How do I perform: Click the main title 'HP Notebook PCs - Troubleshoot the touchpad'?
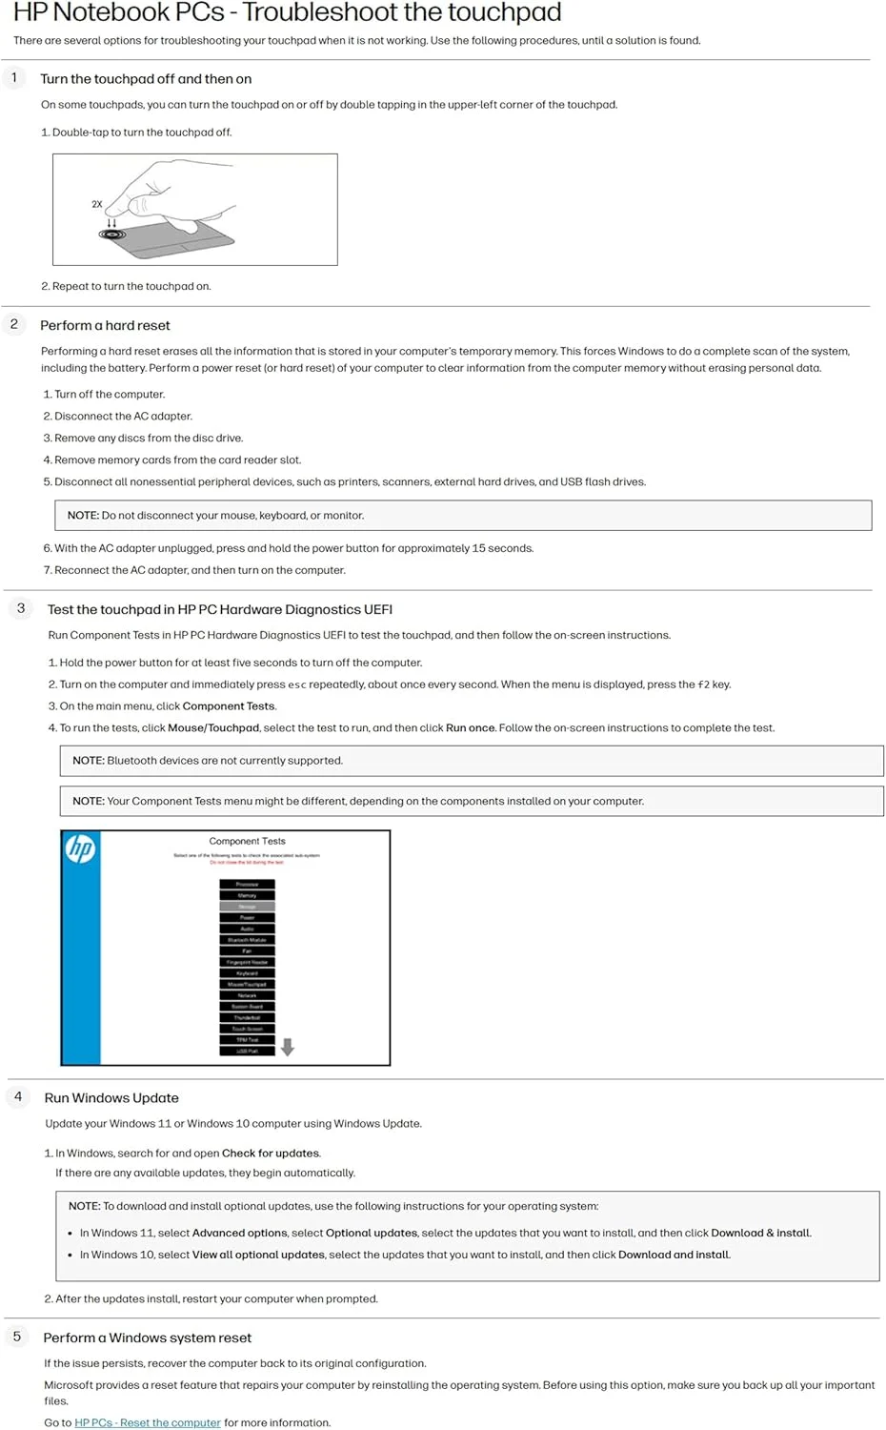coord(287,12)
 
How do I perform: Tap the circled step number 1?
coord(14,77)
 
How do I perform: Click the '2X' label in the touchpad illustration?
coord(96,204)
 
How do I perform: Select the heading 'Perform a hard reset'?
coord(105,325)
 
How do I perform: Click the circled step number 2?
coord(14,324)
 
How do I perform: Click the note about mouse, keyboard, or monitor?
coord(215,516)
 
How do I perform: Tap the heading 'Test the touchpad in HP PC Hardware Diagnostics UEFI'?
coord(219,609)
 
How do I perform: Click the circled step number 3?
coord(21,608)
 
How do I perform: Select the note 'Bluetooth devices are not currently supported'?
coord(208,761)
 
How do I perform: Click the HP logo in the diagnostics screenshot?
coord(81,848)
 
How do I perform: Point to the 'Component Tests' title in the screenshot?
coord(247,841)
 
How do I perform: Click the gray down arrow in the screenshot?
coord(288,1047)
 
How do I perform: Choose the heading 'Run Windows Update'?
coord(111,1098)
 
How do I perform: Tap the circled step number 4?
coord(18,1096)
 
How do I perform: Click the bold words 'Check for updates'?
coord(271,1154)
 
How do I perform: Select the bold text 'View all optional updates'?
coord(258,1255)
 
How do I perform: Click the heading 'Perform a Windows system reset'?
coord(147,1338)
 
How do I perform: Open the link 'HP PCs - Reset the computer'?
coord(148,1422)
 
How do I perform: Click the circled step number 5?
coord(17,1337)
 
